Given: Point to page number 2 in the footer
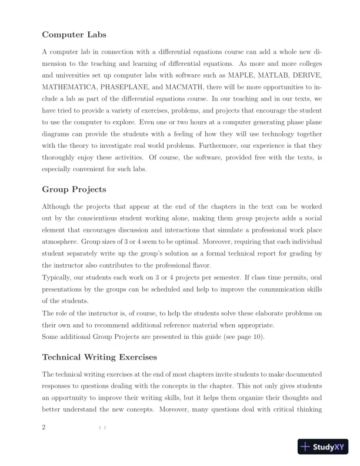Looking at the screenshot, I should [x=44, y=427].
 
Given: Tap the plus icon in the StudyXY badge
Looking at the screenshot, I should [x=305, y=447].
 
